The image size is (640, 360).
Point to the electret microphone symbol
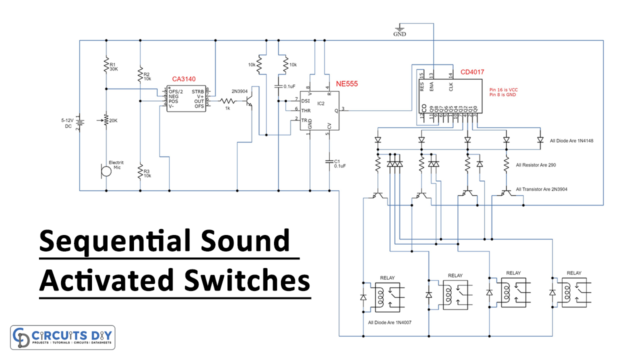click(x=106, y=171)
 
